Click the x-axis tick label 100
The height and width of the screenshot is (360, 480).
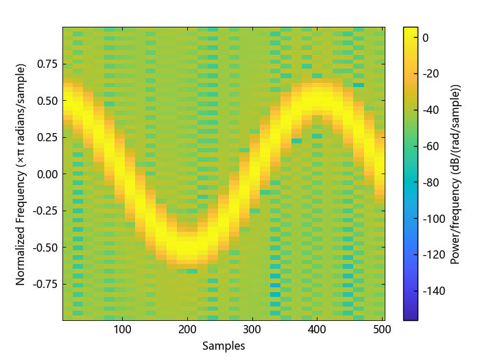(x=123, y=330)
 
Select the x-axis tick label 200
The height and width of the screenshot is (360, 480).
(x=187, y=330)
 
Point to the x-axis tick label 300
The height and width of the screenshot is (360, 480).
(x=252, y=330)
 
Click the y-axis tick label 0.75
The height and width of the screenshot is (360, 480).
(x=47, y=64)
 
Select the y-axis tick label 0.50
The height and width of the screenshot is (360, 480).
(x=47, y=101)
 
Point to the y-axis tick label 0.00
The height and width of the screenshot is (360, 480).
(x=47, y=173)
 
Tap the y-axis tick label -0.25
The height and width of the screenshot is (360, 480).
(x=45, y=211)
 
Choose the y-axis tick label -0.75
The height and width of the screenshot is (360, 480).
(x=45, y=283)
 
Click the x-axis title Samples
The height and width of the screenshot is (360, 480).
(x=224, y=346)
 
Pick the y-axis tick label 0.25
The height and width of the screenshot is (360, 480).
(x=47, y=137)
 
